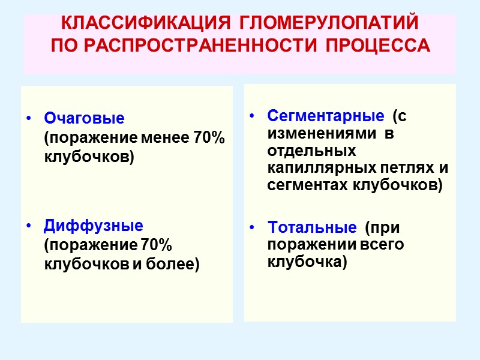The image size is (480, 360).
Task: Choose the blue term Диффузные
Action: pos(94,226)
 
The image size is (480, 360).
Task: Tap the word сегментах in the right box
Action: pos(308,185)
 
